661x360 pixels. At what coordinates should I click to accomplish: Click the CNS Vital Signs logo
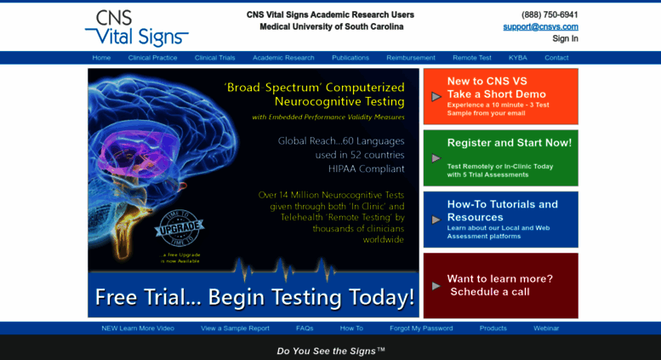tap(136, 27)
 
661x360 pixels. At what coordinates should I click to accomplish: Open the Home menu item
tap(101, 58)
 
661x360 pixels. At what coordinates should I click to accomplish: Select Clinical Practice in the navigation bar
tap(152, 58)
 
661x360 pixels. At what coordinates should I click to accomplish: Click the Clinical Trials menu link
tap(214, 58)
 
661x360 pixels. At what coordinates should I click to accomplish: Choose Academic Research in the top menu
tap(283, 58)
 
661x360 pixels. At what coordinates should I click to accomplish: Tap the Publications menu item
tap(350, 58)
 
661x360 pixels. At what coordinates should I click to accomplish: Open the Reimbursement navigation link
tap(411, 58)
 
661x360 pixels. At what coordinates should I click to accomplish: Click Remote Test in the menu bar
tap(471, 58)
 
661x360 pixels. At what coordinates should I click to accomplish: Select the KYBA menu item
tap(518, 58)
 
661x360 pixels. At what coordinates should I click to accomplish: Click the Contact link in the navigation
tap(556, 58)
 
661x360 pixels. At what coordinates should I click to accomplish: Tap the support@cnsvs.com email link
tap(540, 26)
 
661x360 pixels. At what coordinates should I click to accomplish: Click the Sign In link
tap(565, 38)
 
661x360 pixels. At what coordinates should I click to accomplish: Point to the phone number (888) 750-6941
tap(550, 14)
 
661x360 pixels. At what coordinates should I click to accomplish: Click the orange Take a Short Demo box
tap(500, 96)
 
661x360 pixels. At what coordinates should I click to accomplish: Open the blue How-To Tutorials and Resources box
tap(500, 219)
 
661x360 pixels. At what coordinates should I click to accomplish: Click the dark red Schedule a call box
tap(500, 285)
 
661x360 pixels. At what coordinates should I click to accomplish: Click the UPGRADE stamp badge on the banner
tap(178, 227)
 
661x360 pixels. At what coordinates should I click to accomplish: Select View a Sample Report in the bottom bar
tap(235, 328)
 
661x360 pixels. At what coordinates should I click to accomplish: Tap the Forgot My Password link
tap(421, 328)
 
